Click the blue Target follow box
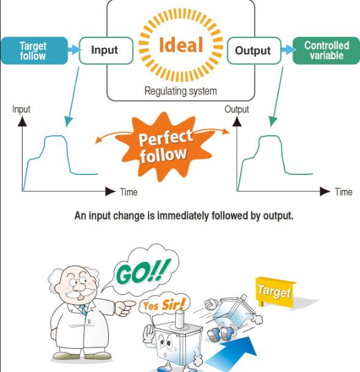(x=34, y=51)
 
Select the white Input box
(x=106, y=51)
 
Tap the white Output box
(x=254, y=51)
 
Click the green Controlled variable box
(x=326, y=51)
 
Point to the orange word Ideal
(x=181, y=45)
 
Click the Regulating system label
(x=180, y=91)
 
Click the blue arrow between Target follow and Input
(x=74, y=50)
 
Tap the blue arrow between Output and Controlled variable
(x=288, y=50)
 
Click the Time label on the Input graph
(x=128, y=192)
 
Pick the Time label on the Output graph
(x=343, y=192)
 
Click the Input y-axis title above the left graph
(x=21, y=110)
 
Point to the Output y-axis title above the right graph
(x=237, y=110)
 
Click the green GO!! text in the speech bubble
(x=143, y=270)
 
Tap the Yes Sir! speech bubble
(x=164, y=304)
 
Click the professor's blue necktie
(x=83, y=310)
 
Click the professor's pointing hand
(x=124, y=307)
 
